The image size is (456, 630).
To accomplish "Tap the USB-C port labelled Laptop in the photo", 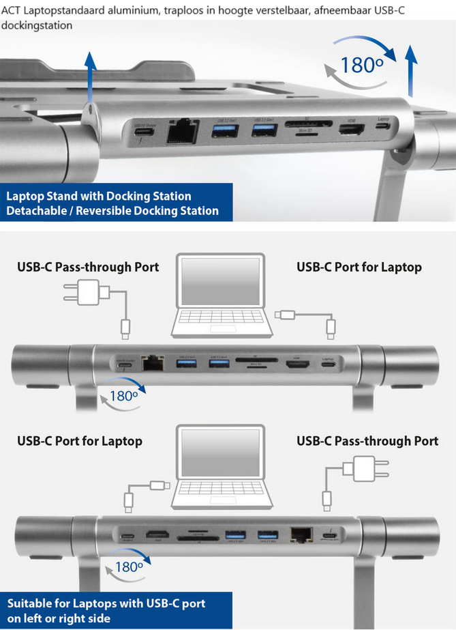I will [384, 126].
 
